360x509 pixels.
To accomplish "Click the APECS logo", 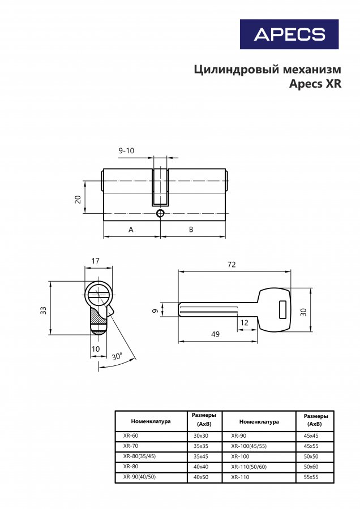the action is point(289,34).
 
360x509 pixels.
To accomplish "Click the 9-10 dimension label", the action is point(126,150).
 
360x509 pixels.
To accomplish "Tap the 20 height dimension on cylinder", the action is point(78,199).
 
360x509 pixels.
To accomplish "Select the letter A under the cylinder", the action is point(131,230).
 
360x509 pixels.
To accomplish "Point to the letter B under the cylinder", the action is point(191,230).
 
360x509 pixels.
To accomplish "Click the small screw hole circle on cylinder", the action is point(160,213).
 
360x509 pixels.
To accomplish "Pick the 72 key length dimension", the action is point(232,265).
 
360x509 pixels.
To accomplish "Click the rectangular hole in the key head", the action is point(282,309).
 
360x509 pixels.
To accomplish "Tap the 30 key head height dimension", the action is point(303,312).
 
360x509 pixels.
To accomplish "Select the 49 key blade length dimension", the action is point(216,334).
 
